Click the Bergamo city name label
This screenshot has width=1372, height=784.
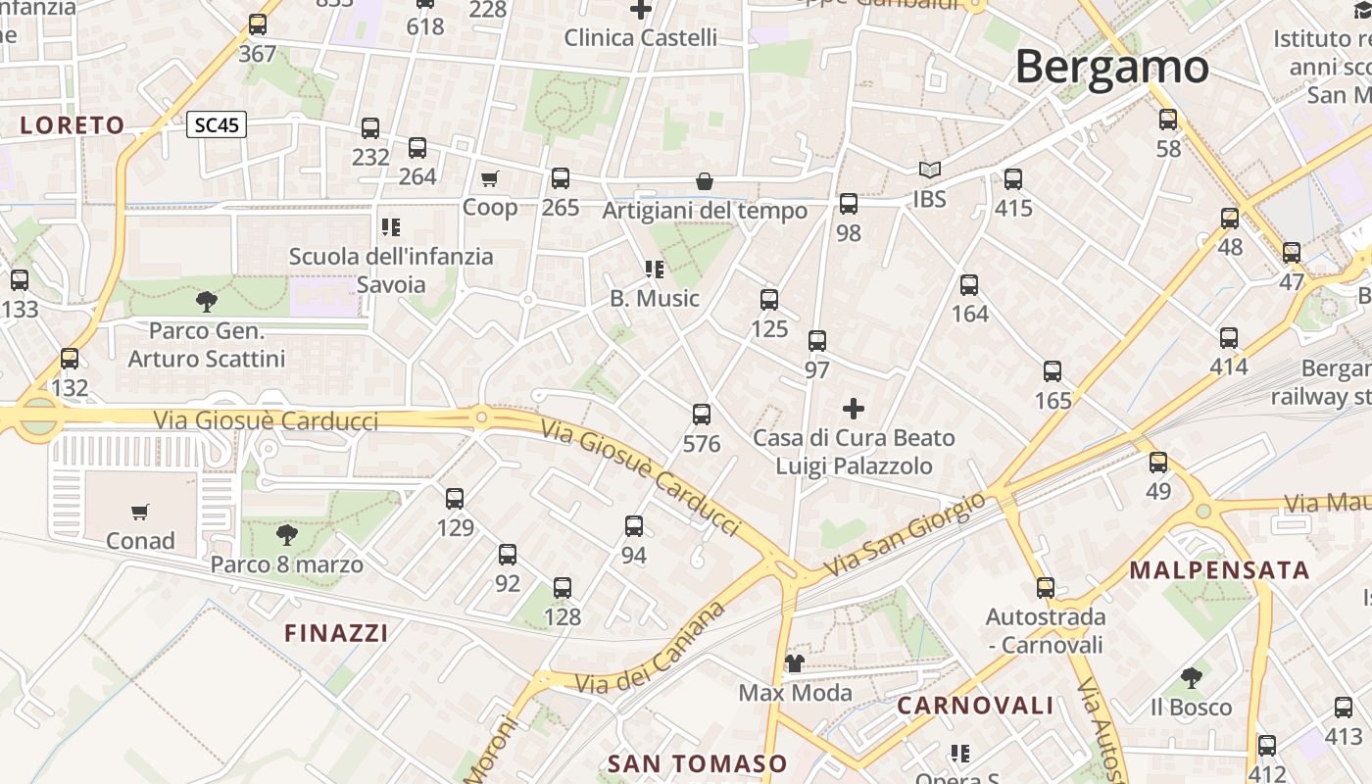(1111, 68)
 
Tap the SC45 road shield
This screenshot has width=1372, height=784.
(217, 125)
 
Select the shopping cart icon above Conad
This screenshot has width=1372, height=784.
(140, 512)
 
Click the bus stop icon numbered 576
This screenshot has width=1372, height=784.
(702, 415)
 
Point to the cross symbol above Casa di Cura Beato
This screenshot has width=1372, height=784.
(854, 408)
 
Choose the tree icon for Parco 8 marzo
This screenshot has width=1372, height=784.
(287, 535)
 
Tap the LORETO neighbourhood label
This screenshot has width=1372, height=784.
(73, 125)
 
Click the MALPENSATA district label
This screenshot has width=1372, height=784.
(1219, 570)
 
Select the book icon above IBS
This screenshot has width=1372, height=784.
(929, 171)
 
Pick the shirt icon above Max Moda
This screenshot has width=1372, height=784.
(795, 664)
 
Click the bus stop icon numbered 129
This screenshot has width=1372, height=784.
(455, 499)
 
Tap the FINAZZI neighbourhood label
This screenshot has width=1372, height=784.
(336, 633)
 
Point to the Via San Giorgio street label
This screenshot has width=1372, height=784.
(905, 534)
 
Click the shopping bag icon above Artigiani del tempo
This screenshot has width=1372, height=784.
(705, 182)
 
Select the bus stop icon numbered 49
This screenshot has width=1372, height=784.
(1158, 463)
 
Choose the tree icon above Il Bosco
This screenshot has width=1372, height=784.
(1191, 677)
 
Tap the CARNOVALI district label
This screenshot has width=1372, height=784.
(975, 706)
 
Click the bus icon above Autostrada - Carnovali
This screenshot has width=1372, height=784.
(1046, 588)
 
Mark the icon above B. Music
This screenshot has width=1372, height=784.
(655, 269)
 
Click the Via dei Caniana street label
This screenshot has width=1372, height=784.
(651, 650)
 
